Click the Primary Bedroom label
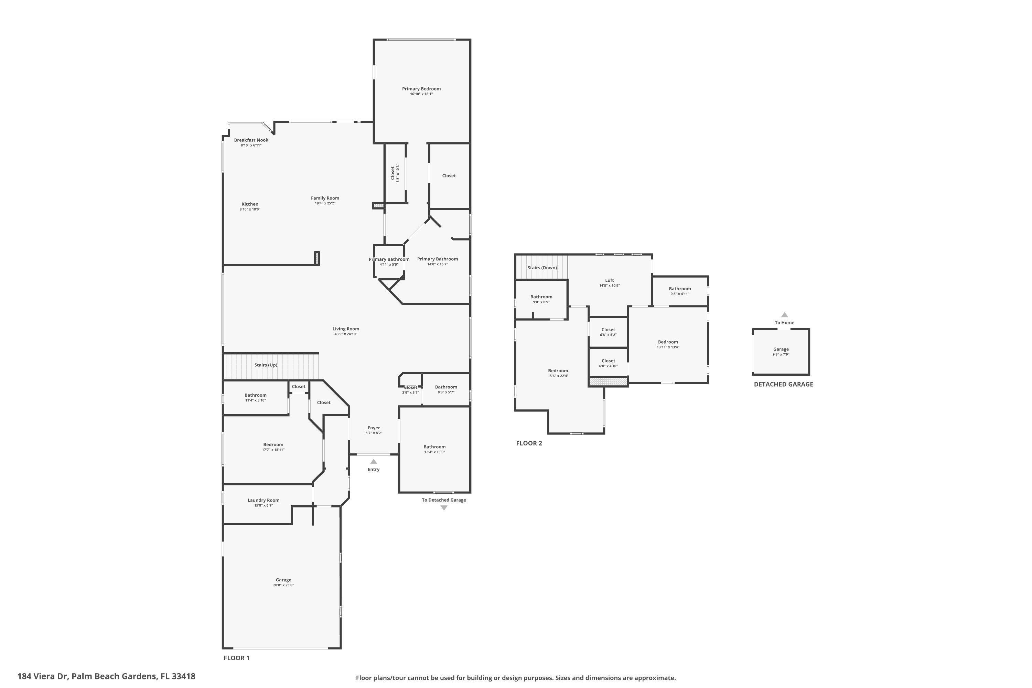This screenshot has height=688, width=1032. tap(421, 89)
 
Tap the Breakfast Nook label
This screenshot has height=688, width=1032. tap(251, 140)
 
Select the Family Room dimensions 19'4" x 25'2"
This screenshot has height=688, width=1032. tap(325, 204)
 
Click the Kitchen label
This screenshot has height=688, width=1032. tap(250, 204)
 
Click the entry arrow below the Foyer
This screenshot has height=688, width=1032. tap(373, 462)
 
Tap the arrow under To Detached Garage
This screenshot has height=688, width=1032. tap(444, 508)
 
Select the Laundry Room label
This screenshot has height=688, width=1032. tap(263, 500)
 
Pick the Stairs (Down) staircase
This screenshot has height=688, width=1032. tap(541, 268)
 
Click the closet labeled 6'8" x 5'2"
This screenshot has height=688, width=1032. tap(608, 332)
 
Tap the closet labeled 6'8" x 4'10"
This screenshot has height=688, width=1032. tap(608, 363)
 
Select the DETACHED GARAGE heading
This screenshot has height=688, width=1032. tap(783, 384)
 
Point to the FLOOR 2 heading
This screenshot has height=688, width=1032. tap(529, 443)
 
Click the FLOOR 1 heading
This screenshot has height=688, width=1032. tap(237, 658)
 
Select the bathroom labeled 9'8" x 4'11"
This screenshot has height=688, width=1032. tap(680, 291)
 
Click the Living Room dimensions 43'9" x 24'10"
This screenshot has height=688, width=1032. tap(346, 334)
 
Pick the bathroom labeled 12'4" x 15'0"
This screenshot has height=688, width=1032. tap(434, 449)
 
